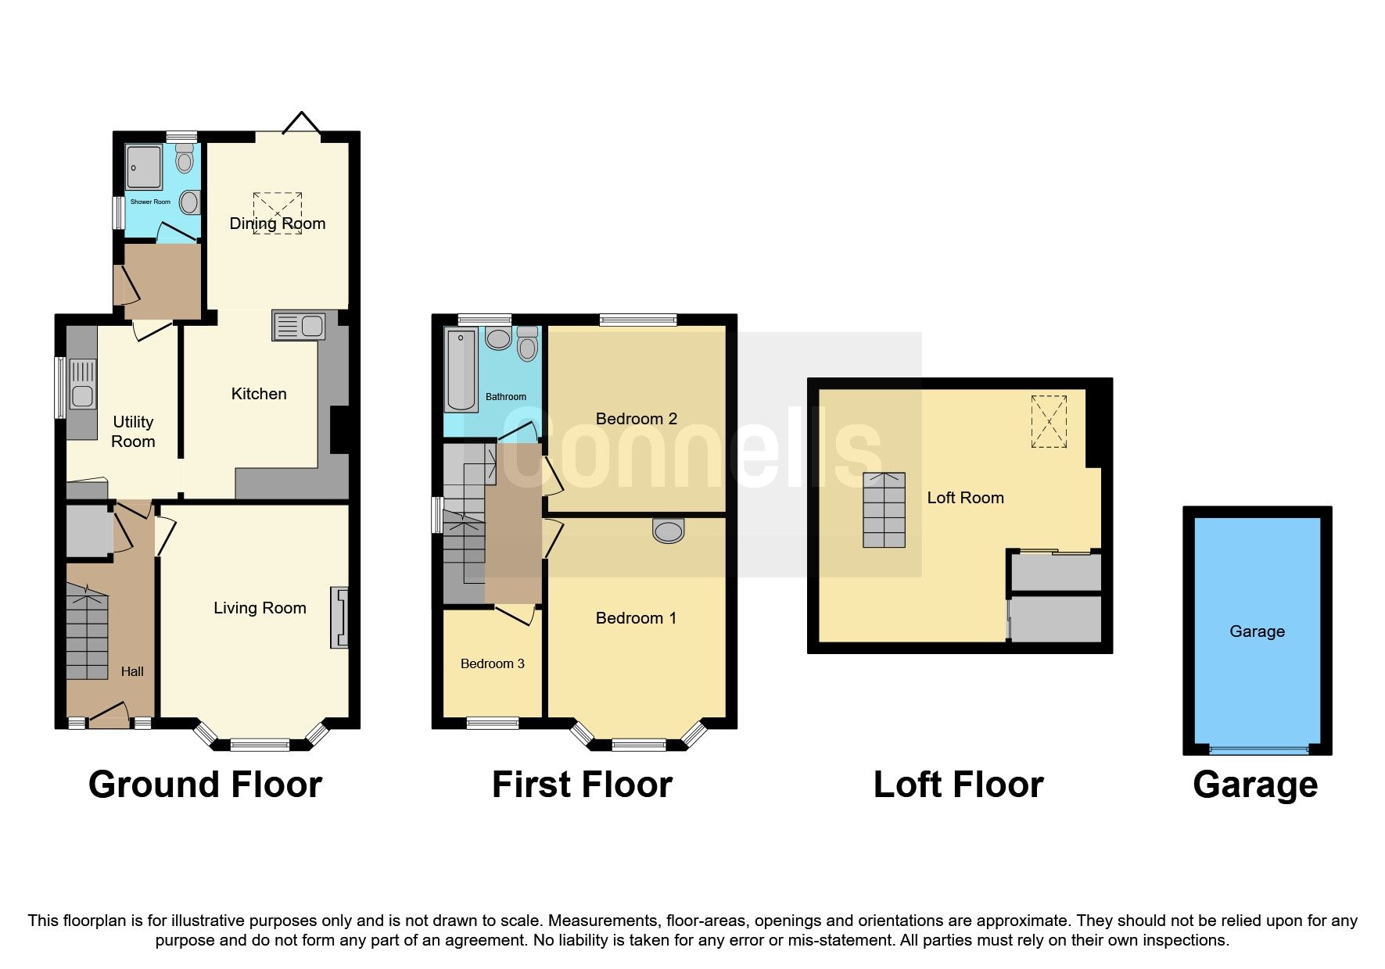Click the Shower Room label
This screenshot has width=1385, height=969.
point(150,202)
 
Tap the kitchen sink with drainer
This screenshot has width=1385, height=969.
point(298,325)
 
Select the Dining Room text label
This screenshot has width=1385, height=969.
point(277,223)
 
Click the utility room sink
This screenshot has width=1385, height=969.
point(82,383)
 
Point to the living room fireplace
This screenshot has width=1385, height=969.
point(339,617)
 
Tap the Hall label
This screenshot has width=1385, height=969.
point(132,671)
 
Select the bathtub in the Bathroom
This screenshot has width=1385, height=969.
point(461,370)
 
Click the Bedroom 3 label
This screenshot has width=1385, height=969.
point(492,663)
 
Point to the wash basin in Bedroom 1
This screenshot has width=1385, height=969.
point(668,531)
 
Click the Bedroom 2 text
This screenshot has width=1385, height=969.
point(636,419)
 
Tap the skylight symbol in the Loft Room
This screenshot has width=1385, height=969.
point(1049,421)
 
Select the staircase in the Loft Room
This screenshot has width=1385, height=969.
point(884,510)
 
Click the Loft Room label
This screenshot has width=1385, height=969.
point(965,498)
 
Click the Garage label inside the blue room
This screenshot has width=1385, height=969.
point(1257,631)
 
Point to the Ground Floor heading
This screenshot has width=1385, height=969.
point(205,785)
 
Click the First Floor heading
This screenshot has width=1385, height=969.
point(582,785)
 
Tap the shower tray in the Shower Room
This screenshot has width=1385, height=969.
point(144,167)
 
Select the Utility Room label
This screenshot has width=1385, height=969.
point(133,431)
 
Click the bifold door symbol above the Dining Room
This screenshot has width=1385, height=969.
point(301,123)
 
